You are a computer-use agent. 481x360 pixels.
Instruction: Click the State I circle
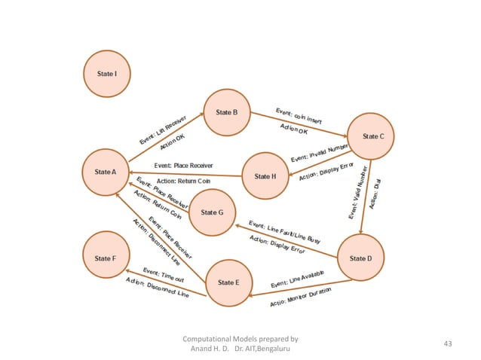[x=106, y=74]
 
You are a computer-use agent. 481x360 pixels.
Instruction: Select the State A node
[x=106, y=172]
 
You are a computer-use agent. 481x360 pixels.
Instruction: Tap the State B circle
[x=227, y=112]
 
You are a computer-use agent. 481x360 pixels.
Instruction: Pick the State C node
[x=372, y=136]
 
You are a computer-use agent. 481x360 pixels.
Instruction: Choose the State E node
[x=228, y=282]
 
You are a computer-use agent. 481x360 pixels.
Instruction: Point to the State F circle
[x=106, y=258]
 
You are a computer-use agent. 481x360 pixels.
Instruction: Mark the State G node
[x=212, y=213]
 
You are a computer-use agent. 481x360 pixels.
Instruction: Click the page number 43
[x=449, y=344]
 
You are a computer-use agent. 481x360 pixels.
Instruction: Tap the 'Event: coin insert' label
[x=299, y=115]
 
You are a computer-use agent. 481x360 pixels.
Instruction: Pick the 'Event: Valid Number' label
[x=358, y=192]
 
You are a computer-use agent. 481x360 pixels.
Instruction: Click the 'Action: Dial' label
[x=374, y=197]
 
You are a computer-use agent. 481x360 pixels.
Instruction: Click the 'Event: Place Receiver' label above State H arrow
[x=183, y=165]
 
